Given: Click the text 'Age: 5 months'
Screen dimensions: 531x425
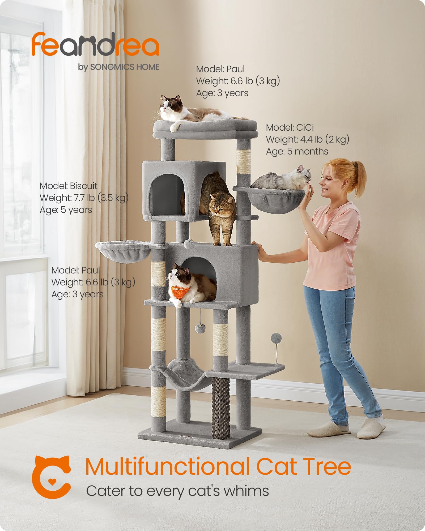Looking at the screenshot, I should pyautogui.click(x=297, y=151).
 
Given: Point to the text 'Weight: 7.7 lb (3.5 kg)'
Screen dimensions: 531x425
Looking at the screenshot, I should pyautogui.click(x=84, y=198).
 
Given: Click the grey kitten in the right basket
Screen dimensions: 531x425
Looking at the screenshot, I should pyautogui.click(x=282, y=179).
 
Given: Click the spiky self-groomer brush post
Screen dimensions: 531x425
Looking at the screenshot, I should pyautogui.click(x=220, y=406).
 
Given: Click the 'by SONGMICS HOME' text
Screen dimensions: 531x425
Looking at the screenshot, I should pyautogui.click(x=119, y=67).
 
